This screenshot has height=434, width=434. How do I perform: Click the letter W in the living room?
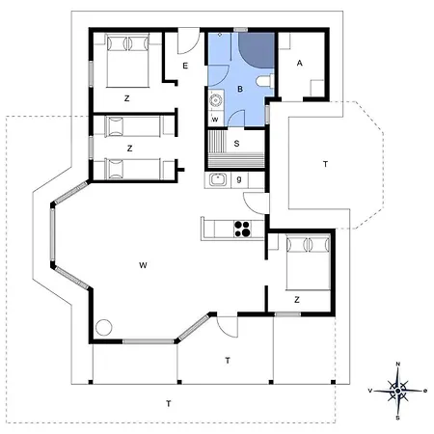point(143,265)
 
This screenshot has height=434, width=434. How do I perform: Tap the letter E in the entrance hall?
point(185,66)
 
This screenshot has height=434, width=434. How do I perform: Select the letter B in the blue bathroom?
point(240,89)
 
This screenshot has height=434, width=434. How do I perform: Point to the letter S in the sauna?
point(236,144)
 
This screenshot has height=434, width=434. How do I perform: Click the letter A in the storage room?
point(300,63)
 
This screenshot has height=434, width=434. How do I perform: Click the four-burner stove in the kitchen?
point(242,229)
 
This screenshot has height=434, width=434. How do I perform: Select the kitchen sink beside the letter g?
point(218,179)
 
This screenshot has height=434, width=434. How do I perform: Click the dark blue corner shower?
point(257,50)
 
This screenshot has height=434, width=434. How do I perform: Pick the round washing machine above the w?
point(216,100)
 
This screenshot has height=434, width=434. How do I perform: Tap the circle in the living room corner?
point(104,327)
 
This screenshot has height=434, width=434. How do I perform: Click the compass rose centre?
point(398,391)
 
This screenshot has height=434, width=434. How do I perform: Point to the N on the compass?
point(398,364)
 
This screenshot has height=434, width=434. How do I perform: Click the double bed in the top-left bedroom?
point(128,60)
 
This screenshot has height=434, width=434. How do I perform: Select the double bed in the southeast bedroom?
point(308,262)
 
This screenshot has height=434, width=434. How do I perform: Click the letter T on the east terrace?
point(325,164)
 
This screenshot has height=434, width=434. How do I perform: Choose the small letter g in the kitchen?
point(239,179)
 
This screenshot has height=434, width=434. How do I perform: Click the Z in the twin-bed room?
point(129,149)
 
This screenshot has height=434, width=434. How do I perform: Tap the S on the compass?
point(397,418)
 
